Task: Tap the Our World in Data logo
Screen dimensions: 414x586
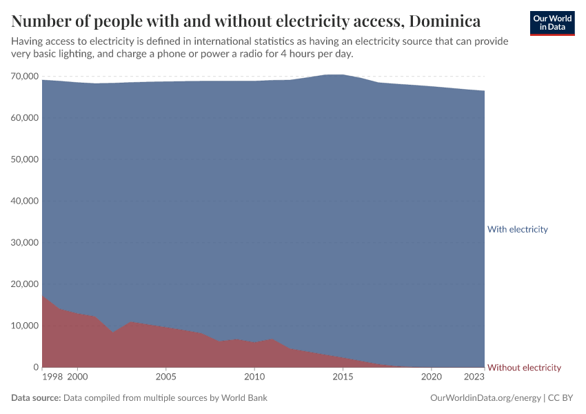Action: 552,23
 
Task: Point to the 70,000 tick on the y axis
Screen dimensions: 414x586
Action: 25,76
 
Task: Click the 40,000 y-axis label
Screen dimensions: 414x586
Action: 25,201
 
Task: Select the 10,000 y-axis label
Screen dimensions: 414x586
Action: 25,326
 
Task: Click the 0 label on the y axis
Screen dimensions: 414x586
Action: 35,367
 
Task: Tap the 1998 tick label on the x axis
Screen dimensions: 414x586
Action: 52,377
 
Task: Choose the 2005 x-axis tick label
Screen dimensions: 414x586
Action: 165,377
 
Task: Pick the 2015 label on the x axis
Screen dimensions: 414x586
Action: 343,377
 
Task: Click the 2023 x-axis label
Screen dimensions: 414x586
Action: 474,377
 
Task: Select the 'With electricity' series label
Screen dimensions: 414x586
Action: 517,229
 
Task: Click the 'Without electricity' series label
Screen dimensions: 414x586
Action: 524,368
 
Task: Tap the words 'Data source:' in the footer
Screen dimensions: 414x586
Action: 36,398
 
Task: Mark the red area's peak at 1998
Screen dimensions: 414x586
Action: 43,297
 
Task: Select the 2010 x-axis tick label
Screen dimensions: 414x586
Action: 254,377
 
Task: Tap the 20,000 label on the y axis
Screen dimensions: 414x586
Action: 25,284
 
